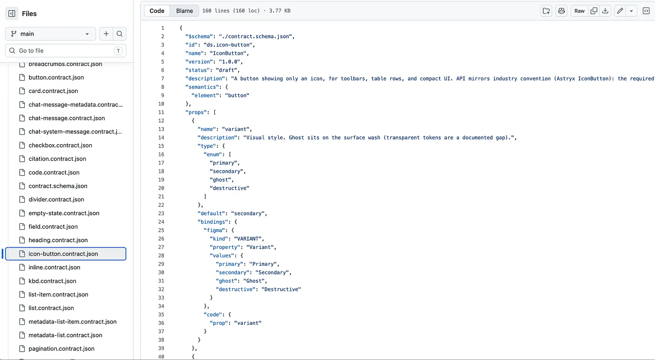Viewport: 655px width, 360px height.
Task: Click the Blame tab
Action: tap(184, 11)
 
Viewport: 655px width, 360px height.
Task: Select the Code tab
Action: tap(157, 11)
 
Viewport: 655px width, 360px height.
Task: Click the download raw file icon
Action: tap(605, 11)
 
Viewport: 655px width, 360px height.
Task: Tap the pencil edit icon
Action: tap(620, 11)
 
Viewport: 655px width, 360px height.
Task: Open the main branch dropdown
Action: tap(51, 34)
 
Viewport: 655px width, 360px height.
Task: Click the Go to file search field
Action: tap(65, 51)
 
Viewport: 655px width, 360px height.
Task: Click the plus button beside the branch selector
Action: tap(106, 34)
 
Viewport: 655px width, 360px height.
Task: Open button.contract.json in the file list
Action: tap(56, 77)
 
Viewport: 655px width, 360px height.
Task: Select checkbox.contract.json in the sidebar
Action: tap(60, 145)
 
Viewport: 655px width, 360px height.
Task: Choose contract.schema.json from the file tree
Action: tap(58, 186)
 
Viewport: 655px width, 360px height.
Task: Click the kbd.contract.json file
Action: tap(52, 281)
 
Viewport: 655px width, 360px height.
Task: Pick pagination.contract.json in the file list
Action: tap(61, 349)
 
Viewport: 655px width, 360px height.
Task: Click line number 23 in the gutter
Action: tap(161, 213)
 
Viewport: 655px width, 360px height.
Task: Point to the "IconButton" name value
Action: tap(228, 53)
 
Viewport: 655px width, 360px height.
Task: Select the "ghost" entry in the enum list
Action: tap(220, 180)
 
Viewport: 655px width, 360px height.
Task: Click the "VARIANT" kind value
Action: tap(247, 239)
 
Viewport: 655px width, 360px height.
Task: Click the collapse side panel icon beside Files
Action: tap(12, 14)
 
